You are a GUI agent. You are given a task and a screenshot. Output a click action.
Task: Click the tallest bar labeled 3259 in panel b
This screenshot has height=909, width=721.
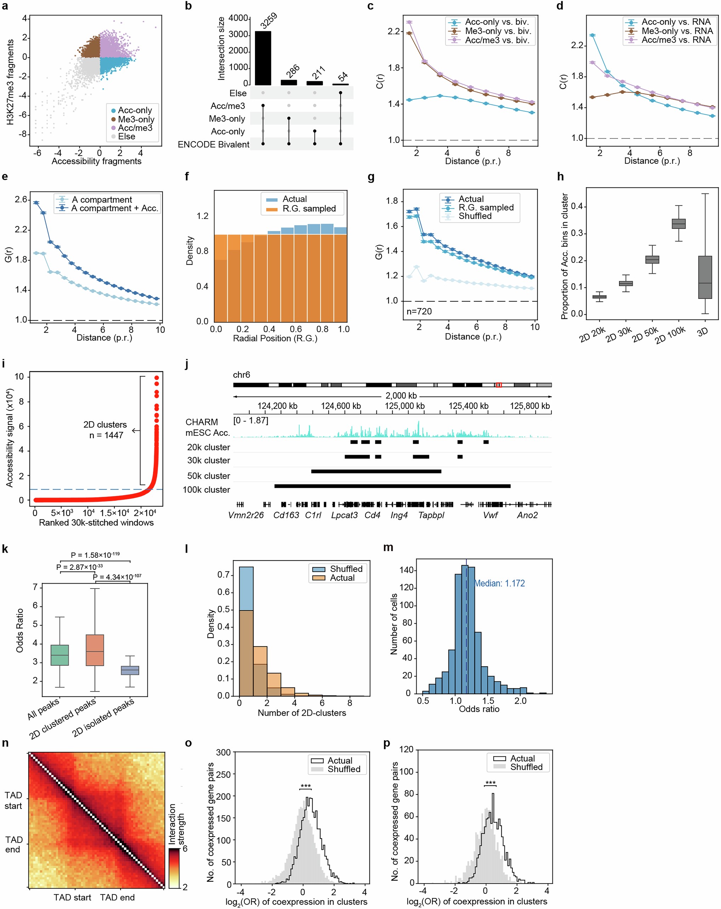[263, 58]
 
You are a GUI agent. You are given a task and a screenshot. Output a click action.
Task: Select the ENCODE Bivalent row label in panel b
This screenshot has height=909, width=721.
[214, 145]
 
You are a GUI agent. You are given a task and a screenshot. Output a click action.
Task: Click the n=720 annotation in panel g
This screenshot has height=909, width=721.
[419, 312]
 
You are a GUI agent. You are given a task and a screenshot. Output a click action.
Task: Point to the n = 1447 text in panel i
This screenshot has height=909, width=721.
[106, 435]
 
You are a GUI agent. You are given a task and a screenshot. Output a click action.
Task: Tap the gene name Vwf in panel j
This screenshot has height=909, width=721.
[490, 515]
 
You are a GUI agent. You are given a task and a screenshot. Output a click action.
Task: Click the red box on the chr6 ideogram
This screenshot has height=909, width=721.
[499, 385]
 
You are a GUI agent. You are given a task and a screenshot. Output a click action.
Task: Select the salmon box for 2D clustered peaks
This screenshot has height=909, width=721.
[95, 650]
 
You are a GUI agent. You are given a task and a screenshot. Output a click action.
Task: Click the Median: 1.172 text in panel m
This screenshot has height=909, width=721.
[499, 584]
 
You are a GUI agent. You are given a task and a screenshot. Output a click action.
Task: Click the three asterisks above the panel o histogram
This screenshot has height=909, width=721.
[306, 786]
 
